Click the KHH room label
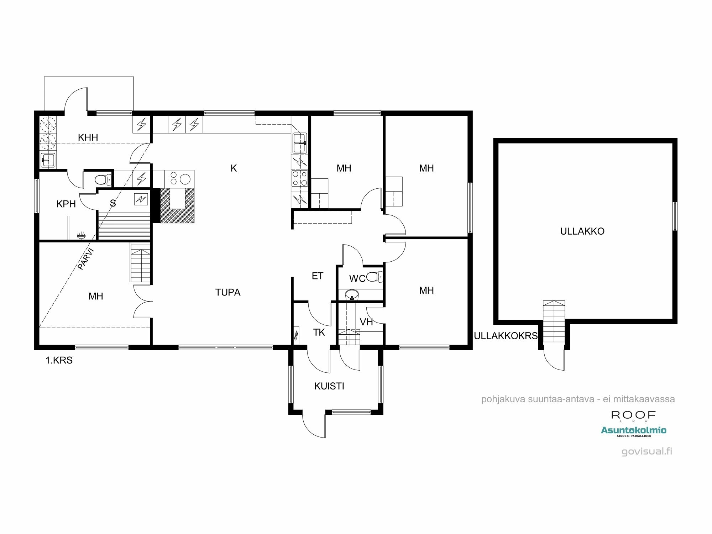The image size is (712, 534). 88,137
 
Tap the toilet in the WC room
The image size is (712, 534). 374,277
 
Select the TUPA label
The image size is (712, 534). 228,292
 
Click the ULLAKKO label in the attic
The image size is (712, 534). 582,231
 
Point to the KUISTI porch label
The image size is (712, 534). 329,386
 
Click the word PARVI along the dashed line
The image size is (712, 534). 86,259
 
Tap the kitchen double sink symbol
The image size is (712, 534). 300,143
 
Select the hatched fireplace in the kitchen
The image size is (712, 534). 177,205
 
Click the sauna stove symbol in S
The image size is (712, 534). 141,199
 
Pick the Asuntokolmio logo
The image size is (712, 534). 634,431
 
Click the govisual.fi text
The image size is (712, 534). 647,451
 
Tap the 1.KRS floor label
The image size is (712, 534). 59,360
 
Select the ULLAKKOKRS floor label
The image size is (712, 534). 506,336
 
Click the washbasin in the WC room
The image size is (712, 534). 352,294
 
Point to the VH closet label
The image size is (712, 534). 366,322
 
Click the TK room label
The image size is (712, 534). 319,333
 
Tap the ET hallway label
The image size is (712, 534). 317,276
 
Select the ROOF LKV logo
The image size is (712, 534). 633,415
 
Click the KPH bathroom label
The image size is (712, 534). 66,204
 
